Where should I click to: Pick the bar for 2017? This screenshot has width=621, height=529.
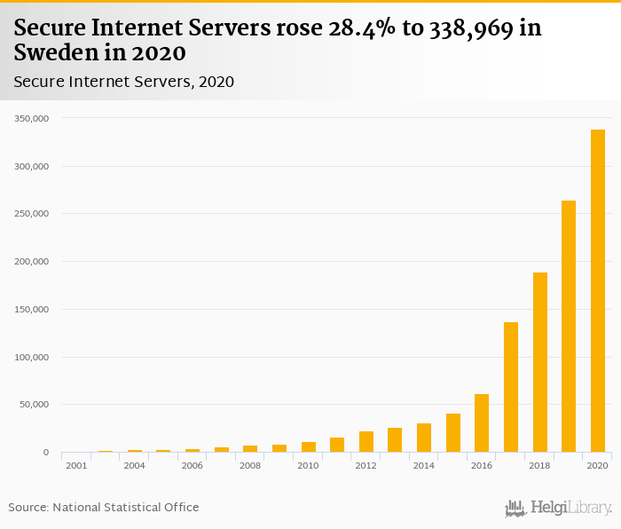click(x=511, y=387)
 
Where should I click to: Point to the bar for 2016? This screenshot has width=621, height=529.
click(x=482, y=423)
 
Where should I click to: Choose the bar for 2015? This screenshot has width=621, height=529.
click(x=453, y=433)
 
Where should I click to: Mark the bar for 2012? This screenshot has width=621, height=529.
click(x=366, y=442)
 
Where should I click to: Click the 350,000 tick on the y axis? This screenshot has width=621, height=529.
click(x=32, y=118)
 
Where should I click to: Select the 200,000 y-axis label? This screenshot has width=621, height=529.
click(x=32, y=262)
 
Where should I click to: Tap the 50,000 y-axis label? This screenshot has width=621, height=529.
click(x=35, y=405)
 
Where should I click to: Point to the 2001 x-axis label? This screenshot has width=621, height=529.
click(x=76, y=465)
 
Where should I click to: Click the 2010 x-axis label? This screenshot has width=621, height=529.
click(x=308, y=465)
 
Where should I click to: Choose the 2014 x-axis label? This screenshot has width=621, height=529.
click(x=424, y=465)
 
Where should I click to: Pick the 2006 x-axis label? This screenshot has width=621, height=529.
click(x=193, y=465)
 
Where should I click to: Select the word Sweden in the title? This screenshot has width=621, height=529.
click(x=53, y=52)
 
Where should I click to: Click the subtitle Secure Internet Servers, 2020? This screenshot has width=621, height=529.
click(x=123, y=82)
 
